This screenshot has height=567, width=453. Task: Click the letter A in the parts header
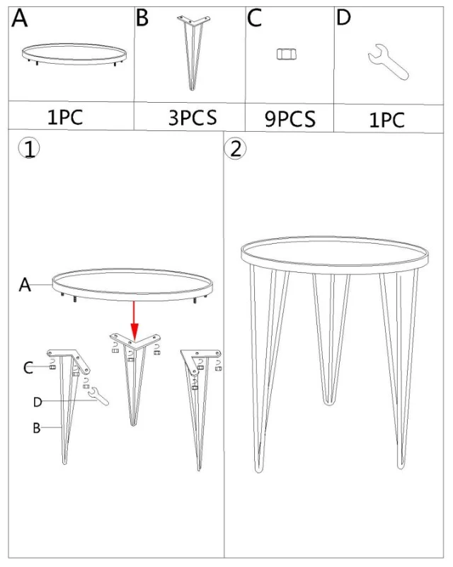pos(20,18)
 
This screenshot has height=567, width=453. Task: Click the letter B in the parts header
pos(142,18)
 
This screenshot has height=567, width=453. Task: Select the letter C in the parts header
pos(254,18)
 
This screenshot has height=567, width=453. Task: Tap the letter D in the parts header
pos(343,17)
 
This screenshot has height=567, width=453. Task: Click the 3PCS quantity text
pos(193,118)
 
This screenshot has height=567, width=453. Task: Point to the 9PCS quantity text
pos(290,118)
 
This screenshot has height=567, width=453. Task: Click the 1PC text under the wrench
pos(386,120)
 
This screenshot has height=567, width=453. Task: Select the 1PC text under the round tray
pos(65,117)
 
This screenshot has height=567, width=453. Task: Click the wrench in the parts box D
pos(389,62)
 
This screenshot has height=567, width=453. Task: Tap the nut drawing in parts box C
pos(287,55)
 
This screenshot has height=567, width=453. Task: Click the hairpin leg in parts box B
pos(193,52)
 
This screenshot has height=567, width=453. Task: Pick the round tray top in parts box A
pos(74,55)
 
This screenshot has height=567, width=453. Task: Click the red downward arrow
pos(134,320)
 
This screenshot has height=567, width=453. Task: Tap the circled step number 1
pos(29,149)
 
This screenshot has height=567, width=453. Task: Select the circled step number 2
pos(235,149)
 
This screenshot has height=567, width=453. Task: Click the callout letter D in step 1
pos(38,402)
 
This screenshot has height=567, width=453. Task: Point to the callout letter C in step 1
pos(28,368)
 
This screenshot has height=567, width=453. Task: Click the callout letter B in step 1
pos(37,428)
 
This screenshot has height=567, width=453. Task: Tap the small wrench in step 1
pos(98,396)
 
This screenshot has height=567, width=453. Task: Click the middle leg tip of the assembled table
pos(328,402)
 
